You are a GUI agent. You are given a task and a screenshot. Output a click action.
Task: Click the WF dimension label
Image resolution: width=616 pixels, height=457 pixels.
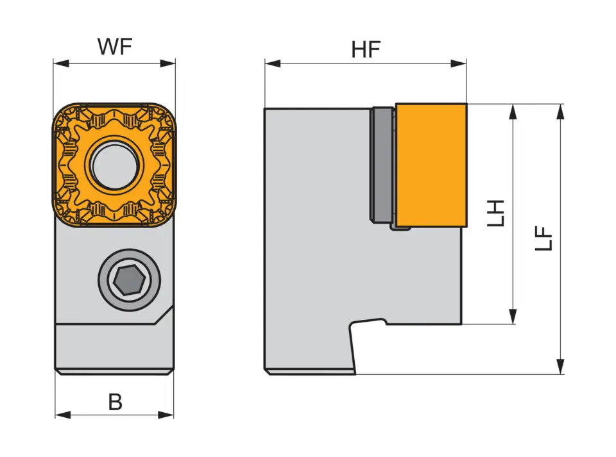click(114, 47)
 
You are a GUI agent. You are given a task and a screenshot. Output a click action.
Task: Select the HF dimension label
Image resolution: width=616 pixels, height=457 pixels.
click(366, 50)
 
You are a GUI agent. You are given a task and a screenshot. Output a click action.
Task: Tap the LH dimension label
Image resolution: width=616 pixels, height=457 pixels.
click(496, 213)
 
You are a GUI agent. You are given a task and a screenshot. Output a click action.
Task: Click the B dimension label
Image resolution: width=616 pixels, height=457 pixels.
click(115, 402)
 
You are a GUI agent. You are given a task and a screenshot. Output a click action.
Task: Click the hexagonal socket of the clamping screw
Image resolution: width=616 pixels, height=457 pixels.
click(125, 280)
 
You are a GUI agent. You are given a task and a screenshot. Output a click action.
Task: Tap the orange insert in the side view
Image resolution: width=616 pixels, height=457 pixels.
click(431, 165)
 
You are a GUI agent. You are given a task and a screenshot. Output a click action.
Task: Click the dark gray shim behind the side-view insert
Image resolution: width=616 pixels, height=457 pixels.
click(382, 165)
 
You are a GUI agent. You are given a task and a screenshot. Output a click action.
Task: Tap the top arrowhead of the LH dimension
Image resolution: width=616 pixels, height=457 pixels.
click(513, 111)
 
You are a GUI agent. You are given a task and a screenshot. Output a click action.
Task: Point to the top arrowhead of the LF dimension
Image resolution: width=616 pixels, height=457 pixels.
click(561, 111)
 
